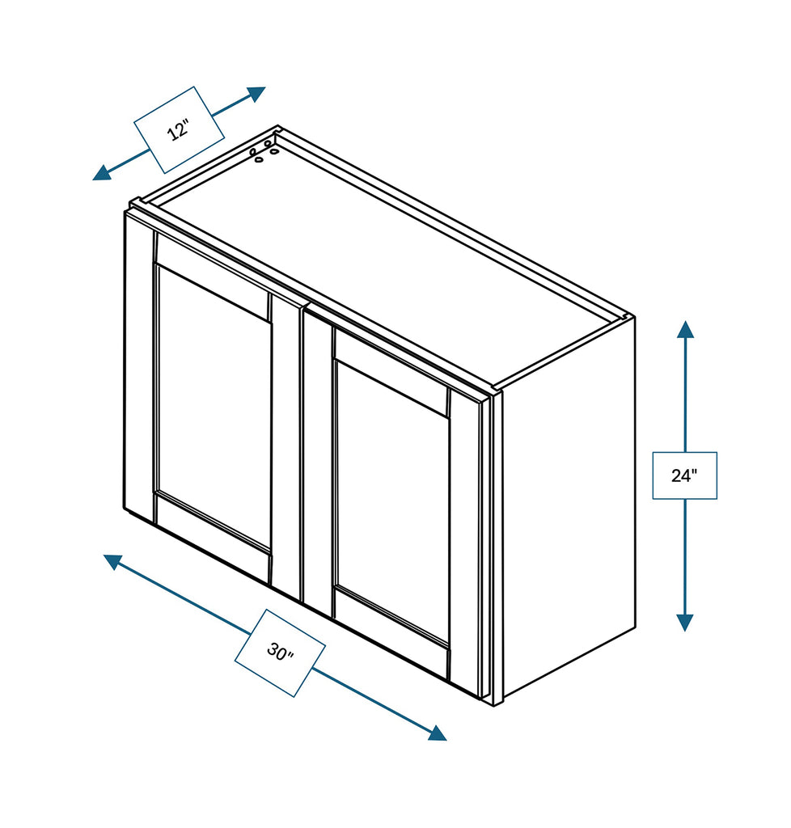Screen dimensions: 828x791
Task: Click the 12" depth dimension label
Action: click(179, 129)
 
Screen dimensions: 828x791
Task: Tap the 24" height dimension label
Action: click(684, 475)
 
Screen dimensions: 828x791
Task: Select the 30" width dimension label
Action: click(280, 653)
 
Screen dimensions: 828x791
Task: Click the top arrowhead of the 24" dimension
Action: click(685, 330)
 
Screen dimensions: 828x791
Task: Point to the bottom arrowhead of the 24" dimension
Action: click(685, 622)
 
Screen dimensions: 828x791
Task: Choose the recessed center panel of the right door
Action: click(391, 501)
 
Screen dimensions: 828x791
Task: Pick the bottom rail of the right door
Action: click(391, 634)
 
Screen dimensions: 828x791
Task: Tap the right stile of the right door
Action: click(464, 542)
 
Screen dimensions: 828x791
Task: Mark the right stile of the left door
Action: click(286, 445)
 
